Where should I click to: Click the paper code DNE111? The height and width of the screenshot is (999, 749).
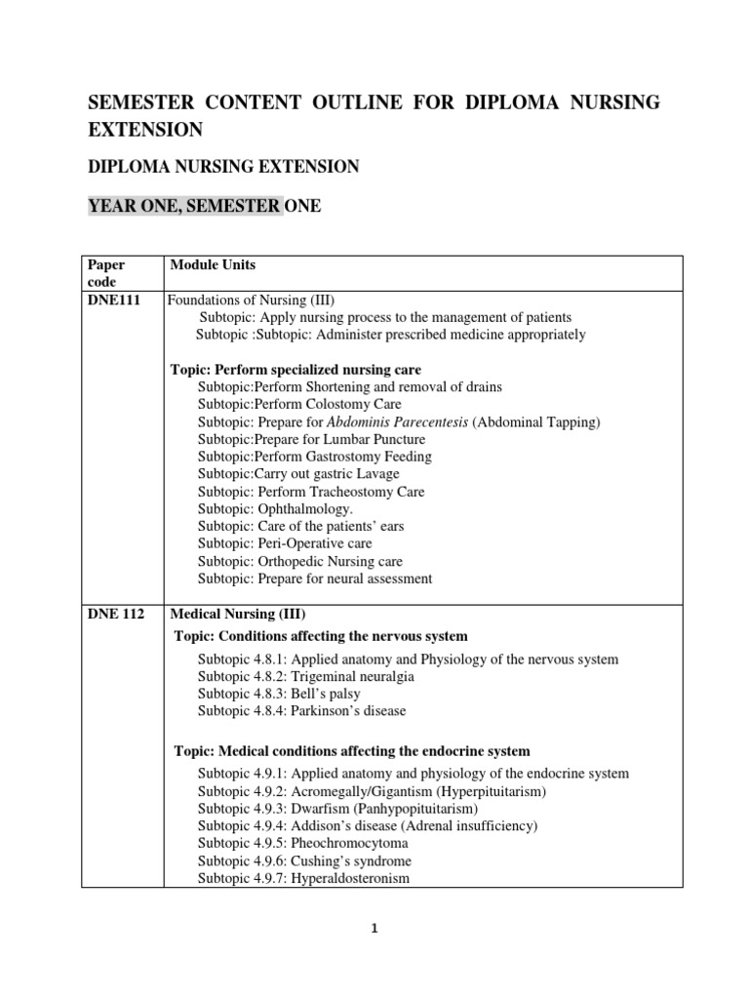click(113, 300)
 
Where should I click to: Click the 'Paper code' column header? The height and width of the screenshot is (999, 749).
click(106, 273)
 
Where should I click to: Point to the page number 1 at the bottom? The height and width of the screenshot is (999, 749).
click(374, 930)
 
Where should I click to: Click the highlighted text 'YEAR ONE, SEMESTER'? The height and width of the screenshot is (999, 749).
click(185, 206)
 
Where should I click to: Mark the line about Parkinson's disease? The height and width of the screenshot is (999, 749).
click(301, 711)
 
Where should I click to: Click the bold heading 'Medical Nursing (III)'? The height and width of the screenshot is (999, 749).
click(238, 615)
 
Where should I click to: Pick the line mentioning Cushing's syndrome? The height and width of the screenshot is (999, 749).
click(304, 860)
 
